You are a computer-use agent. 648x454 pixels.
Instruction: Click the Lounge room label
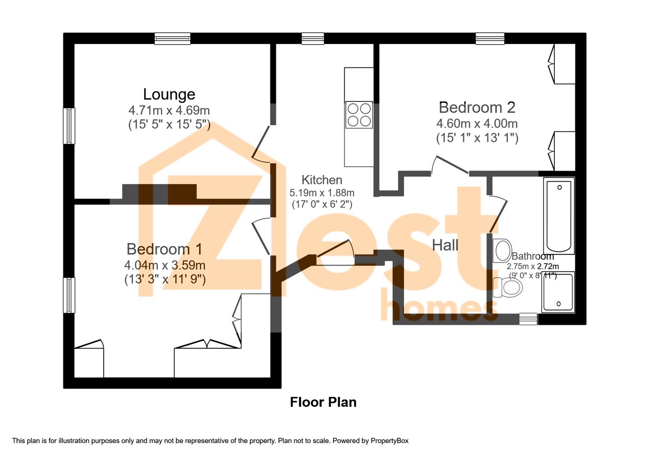tap(169, 94)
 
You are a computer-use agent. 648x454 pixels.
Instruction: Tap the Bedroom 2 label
tap(477, 108)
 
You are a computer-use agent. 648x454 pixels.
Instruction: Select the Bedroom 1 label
tap(165, 249)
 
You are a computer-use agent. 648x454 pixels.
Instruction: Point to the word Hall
tap(445, 245)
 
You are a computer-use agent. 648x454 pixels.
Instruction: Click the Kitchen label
tap(321, 180)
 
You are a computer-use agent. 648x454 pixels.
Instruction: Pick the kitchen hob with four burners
tap(359, 115)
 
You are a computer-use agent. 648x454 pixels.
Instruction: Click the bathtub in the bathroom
tap(559, 216)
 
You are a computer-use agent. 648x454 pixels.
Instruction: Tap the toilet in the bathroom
tap(507, 288)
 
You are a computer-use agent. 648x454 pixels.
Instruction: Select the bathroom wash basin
tap(502, 251)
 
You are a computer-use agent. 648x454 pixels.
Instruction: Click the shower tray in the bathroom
tap(558, 292)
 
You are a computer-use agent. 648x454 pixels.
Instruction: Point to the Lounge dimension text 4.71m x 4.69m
tap(169, 110)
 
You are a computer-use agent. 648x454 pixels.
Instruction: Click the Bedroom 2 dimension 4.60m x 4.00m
tap(477, 124)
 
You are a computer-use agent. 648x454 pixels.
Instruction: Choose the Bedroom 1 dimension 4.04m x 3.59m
tap(165, 265)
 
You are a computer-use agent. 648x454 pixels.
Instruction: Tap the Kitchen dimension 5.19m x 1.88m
tap(322, 193)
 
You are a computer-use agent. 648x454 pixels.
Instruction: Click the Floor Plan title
tap(323, 402)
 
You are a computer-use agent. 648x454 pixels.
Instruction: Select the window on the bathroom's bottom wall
tap(528, 319)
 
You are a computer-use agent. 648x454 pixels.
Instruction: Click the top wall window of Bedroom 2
tap(490, 39)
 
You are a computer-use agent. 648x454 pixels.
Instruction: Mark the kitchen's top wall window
tap(313, 39)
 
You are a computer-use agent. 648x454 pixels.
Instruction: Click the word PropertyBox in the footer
tap(390, 441)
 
